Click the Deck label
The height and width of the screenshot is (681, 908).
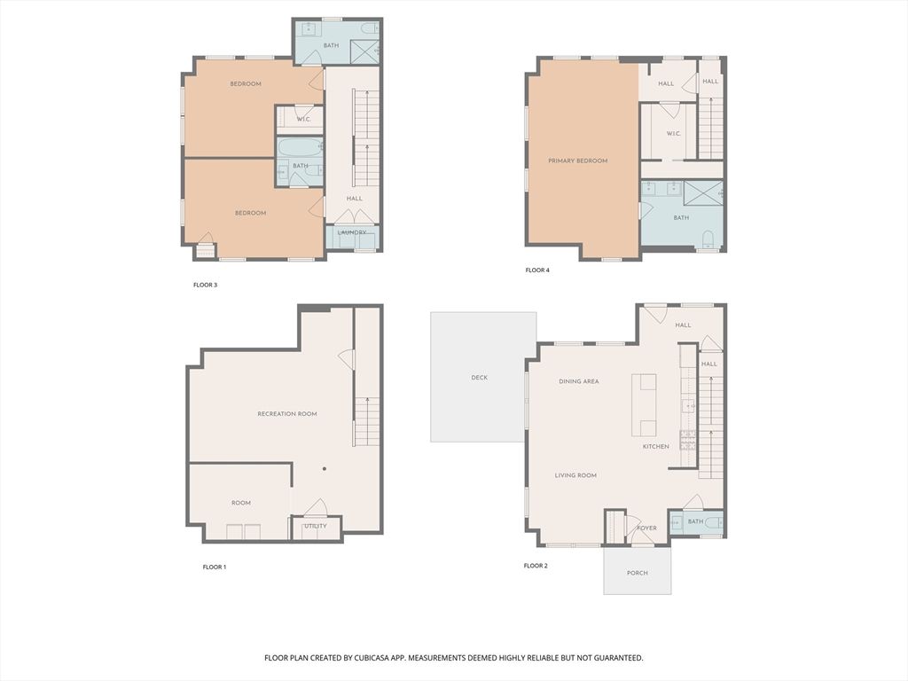tap(480, 378)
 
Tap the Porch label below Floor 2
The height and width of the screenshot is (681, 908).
tap(637, 573)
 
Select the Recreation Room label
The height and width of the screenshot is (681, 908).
tap(287, 414)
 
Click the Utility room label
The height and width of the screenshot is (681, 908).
tap(316, 526)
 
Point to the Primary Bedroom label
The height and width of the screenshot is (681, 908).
tap(578, 161)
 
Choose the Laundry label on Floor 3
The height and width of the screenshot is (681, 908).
tap(352, 233)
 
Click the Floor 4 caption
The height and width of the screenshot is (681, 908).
tap(537, 270)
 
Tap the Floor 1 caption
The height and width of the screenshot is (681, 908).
tap(215, 567)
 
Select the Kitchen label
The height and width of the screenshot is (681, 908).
tap(656, 447)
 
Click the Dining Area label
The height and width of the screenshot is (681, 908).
tap(579, 381)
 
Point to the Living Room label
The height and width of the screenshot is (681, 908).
tap(575, 475)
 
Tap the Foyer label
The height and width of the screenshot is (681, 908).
tap(646, 528)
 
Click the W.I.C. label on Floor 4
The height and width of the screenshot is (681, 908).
tap(674, 134)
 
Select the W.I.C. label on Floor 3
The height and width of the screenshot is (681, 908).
tap(304, 120)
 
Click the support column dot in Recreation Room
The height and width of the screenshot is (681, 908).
tap(325, 468)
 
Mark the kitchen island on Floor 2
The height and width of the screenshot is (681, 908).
tap(644, 404)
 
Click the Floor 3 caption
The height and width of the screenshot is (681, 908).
tap(205, 285)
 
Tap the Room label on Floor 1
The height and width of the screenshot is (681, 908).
tap(241, 503)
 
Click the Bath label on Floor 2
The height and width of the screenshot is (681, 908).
tap(695, 521)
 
